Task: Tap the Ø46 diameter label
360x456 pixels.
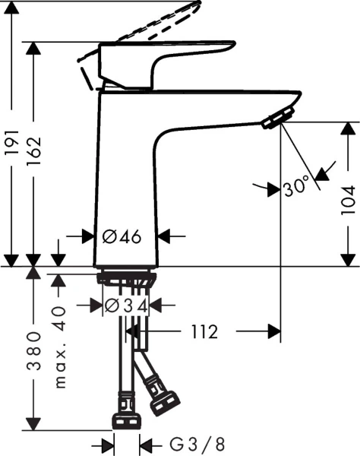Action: coord(122,237)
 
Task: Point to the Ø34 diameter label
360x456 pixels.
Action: coord(125,306)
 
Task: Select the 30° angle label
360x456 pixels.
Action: coord(297,186)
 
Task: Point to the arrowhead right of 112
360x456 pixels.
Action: coord(274,331)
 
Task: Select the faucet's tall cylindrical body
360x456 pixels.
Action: coord(128,175)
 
